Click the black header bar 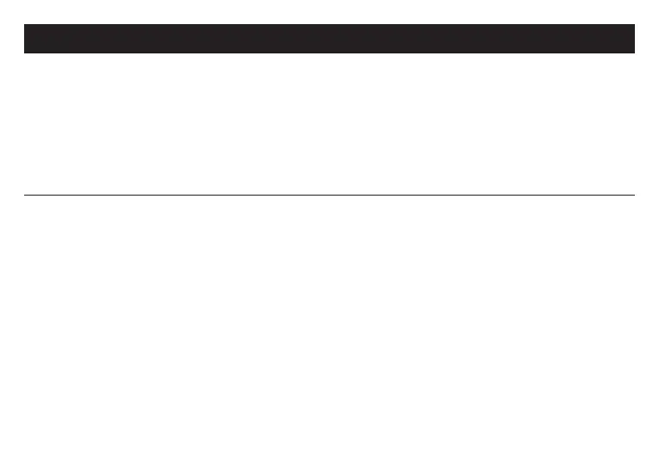329,39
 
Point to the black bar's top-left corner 24,24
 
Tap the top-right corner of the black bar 635,24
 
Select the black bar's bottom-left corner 24,53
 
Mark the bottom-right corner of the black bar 635,53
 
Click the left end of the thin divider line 24,195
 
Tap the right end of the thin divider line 635,195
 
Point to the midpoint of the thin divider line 329,195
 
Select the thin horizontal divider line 258,195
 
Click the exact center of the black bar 329,39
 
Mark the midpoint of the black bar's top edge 329,24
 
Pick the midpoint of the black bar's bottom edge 329,53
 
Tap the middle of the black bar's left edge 24,39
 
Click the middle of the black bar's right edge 635,39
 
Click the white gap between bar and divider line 329,125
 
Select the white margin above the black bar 329,11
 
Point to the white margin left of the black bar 11,39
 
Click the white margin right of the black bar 647,39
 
